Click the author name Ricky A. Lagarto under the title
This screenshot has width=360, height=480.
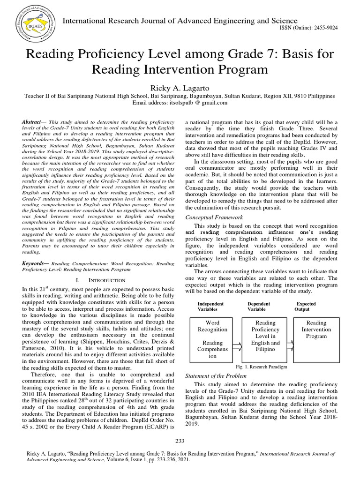click(180, 88)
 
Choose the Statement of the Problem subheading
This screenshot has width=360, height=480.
click(217, 376)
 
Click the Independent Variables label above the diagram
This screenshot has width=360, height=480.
click(210, 307)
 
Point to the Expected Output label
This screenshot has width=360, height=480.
click(305, 307)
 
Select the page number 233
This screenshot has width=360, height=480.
click(180, 441)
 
